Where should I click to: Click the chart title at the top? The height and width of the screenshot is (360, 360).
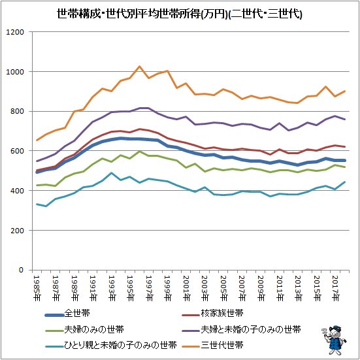(x=180, y=12)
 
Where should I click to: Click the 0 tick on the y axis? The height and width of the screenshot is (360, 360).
(x=22, y=270)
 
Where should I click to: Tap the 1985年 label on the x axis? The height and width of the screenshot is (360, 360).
(x=37, y=286)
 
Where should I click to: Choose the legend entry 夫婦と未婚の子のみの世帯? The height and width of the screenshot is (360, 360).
(x=251, y=328)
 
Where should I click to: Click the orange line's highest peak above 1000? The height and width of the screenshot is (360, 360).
(x=139, y=66)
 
